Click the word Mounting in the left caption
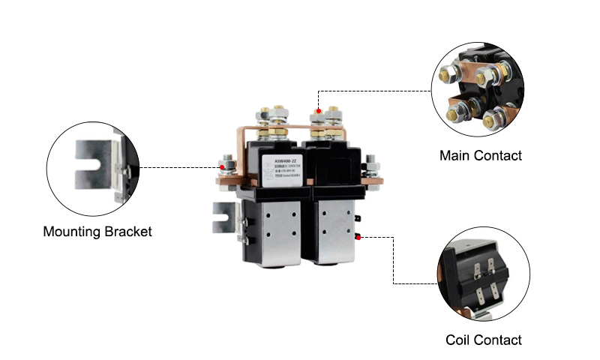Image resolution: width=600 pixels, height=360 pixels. coord(70,232)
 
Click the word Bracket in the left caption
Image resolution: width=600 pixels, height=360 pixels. coord(126,232)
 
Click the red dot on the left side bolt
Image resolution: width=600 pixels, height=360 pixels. coord(220,167)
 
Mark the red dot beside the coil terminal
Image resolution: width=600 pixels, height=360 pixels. coord(359,237)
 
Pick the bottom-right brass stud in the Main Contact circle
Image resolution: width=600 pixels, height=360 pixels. coord(496,118)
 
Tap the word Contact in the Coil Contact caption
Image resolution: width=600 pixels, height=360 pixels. coord(496,340)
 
